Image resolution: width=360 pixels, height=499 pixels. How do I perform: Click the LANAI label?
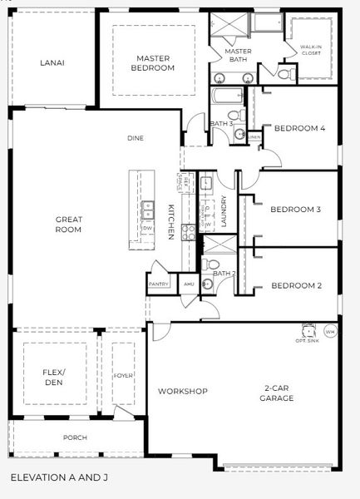[52, 62]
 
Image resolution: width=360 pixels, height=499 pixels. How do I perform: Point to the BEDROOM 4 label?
[299, 128]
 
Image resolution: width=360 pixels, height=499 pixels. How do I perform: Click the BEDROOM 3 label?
[296, 210]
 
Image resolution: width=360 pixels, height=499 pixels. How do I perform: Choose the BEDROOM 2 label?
[296, 286]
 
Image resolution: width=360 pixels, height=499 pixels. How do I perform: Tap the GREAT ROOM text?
[68, 224]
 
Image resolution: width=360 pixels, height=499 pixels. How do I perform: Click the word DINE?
[137, 138]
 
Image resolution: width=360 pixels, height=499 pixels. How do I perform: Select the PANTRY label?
[159, 284]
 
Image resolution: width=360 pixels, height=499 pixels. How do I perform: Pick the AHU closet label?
[188, 284]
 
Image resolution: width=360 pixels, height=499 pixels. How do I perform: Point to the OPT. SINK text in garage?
[307, 340]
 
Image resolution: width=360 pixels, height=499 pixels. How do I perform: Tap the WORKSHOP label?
[183, 391]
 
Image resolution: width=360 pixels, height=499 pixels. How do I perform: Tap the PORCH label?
[75, 437]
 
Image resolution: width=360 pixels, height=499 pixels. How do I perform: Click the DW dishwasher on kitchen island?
[147, 227]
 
